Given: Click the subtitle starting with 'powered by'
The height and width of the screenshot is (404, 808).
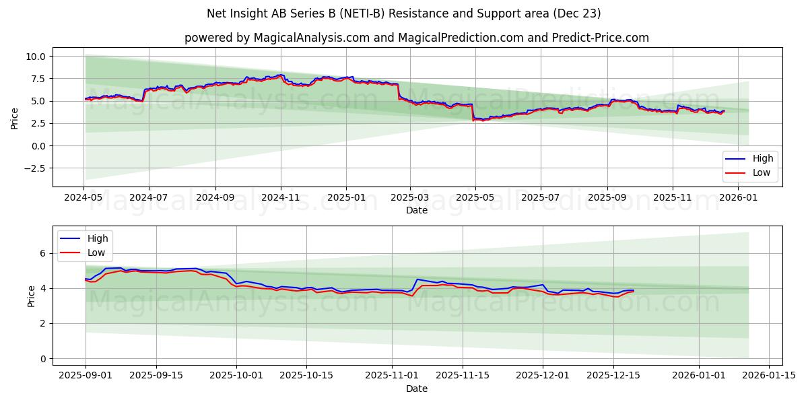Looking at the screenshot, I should point(417,38).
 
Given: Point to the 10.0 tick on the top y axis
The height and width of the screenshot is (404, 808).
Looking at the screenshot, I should point(35,57).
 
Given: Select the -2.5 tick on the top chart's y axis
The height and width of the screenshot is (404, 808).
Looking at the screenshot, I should point(33,168).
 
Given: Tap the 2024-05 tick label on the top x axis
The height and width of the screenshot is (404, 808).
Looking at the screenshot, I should point(83,198).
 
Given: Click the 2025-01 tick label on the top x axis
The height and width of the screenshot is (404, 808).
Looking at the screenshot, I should point(346,198).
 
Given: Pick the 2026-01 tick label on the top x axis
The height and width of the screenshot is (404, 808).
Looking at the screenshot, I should point(738,198).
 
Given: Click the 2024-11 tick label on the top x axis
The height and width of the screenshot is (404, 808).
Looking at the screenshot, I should point(281,198).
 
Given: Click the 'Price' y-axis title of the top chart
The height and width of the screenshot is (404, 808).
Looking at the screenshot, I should point(15,119).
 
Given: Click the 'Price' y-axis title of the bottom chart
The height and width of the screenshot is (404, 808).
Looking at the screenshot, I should point(32,296).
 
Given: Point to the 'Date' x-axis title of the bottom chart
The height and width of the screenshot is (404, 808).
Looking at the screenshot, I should point(417,389).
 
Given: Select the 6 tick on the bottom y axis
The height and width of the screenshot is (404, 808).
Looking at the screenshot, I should point(41,253).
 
